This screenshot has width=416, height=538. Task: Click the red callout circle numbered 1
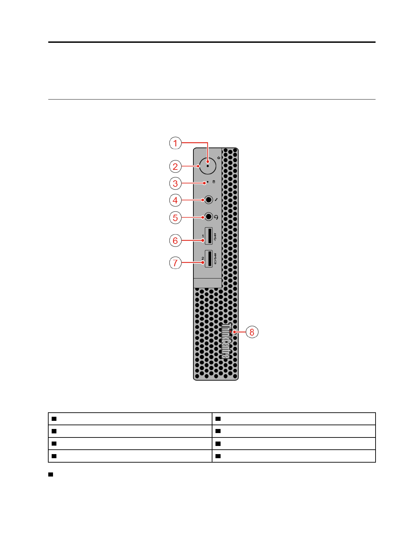pyautogui.click(x=175, y=143)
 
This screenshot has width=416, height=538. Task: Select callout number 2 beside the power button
pyautogui.click(x=175, y=166)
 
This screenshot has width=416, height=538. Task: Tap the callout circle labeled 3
pyautogui.click(x=175, y=183)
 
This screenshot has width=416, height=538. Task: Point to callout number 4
pyautogui.click(x=175, y=200)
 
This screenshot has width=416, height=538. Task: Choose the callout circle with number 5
pyautogui.click(x=175, y=218)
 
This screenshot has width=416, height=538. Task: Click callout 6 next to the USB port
pyautogui.click(x=175, y=240)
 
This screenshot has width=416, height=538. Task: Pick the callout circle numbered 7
pyautogui.click(x=175, y=263)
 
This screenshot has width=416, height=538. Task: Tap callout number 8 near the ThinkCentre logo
pyautogui.click(x=252, y=332)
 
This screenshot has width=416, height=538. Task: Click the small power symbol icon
pyautogui.click(x=219, y=158)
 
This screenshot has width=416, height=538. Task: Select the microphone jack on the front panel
pyautogui.click(x=209, y=200)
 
